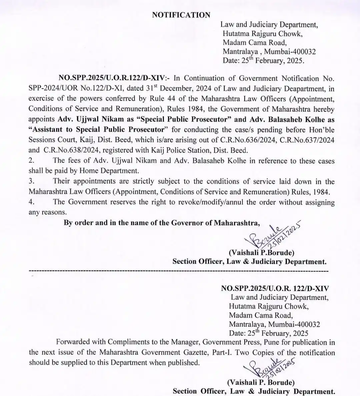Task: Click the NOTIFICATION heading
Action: point(181,15)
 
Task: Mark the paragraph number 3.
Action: point(31,181)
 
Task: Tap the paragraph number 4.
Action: point(31,202)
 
